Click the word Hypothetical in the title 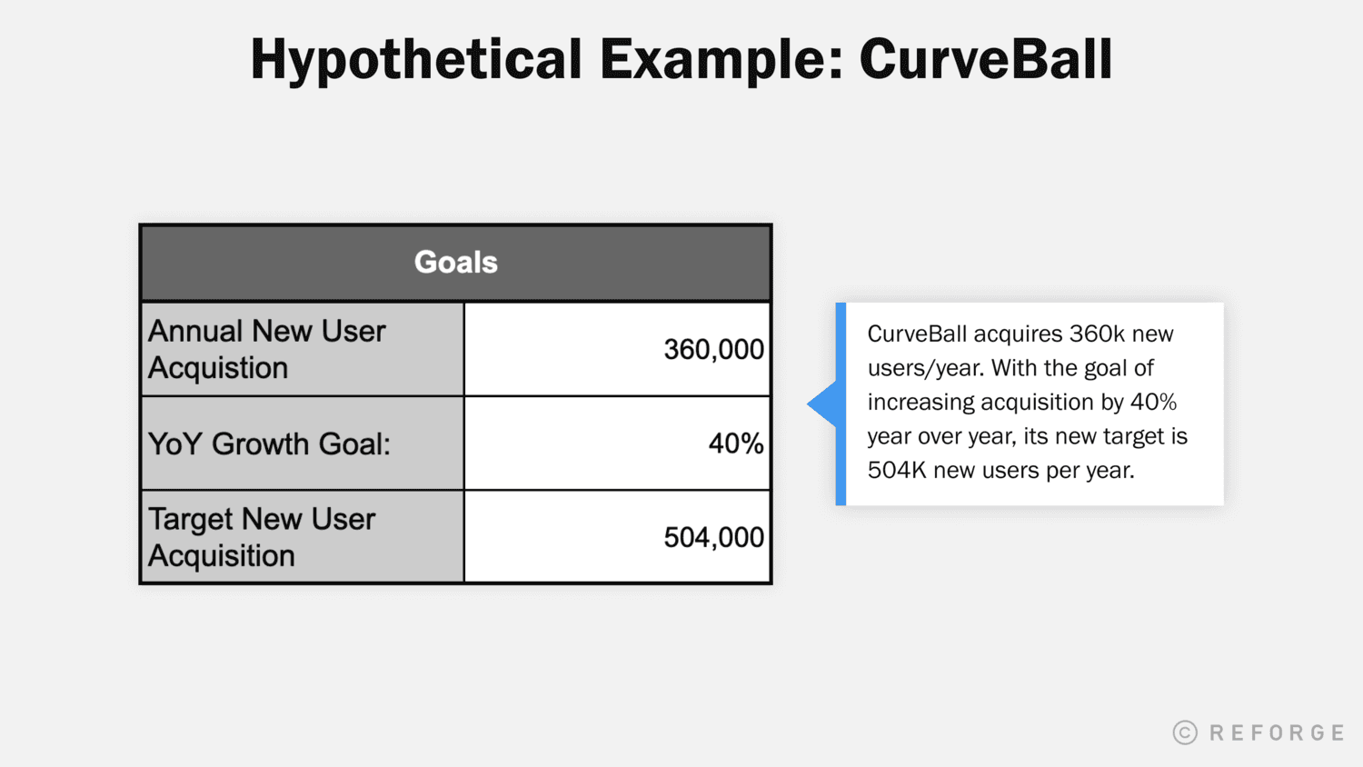[415, 60]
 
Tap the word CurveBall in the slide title [985, 60]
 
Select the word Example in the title [720, 60]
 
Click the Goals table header [456, 263]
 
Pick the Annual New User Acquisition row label [267, 349]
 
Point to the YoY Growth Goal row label [269, 443]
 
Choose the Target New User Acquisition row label [262, 537]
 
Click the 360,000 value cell [713, 349]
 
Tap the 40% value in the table [736, 443]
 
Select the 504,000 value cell [713, 537]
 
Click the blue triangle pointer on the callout [823, 404]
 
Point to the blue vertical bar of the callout [841, 404]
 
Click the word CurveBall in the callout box [917, 334]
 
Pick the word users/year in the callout [925, 369]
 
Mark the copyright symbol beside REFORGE [1185, 732]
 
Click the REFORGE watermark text [1277, 732]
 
